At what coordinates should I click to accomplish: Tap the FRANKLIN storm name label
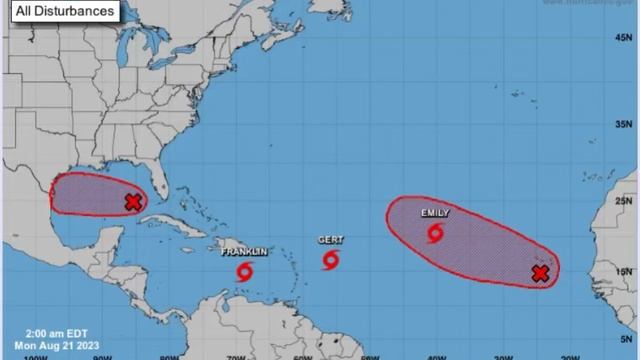click(245, 252)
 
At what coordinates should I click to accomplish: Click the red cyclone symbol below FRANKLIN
click(245, 270)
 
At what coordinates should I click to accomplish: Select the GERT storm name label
click(331, 240)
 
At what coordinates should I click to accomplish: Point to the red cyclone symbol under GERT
click(331, 260)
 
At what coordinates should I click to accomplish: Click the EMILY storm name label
click(435, 213)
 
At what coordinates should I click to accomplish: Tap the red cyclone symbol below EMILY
click(436, 233)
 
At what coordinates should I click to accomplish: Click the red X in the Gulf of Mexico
click(133, 202)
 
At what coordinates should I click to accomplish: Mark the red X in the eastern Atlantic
click(540, 273)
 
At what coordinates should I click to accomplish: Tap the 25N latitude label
click(625, 199)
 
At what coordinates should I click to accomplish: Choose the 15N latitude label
click(625, 271)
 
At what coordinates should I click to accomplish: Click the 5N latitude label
click(625, 341)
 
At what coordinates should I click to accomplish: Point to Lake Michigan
click(126, 75)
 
